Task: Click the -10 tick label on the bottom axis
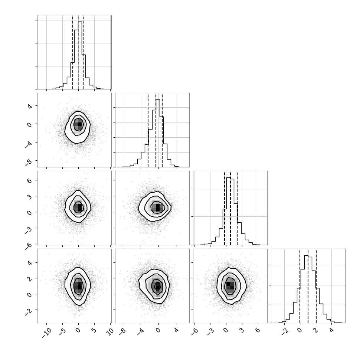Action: pos(47,333)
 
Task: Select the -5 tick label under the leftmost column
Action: pos(62,332)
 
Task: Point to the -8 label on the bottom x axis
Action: pos(122,332)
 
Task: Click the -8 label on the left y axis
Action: pos(29,162)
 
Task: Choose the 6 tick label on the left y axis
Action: pos(29,180)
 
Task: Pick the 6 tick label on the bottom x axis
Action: pos(258,330)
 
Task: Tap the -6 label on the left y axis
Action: pos(29,246)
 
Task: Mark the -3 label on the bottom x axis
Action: pos(210,332)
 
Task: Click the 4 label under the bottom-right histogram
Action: pos(331,330)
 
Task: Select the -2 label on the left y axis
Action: pos(29,312)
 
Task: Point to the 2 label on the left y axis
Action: pos(29,278)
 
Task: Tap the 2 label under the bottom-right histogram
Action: pos(316,330)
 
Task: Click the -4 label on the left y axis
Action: pos(29,144)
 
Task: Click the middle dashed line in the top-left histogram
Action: pos(78,52)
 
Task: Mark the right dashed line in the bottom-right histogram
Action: pos(316,286)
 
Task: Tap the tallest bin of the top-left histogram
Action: pos(80,55)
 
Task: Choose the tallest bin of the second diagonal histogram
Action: pos(158,133)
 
